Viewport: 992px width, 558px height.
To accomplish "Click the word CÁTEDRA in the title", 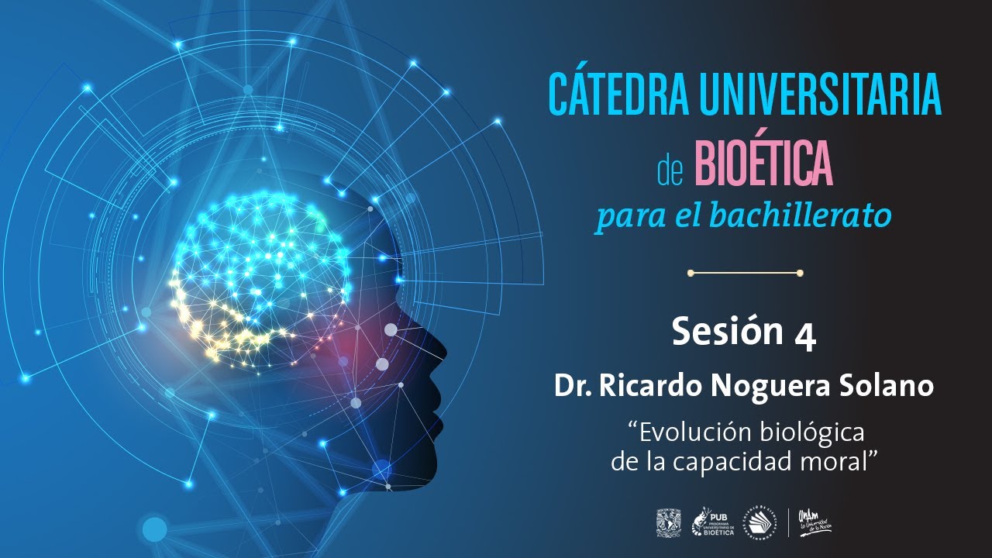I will [x=615, y=95].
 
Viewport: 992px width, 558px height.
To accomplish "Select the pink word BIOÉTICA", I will [x=763, y=165].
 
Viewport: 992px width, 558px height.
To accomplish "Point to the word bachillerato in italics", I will [x=815, y=216].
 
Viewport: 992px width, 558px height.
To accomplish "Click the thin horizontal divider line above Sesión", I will [x=744, y=273].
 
